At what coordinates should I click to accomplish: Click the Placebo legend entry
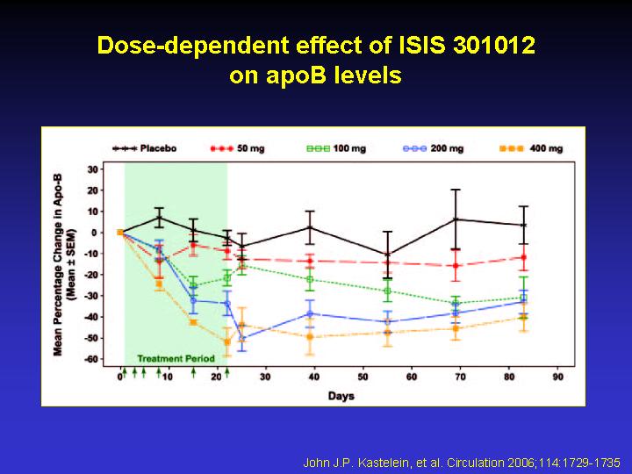tap(144, 148)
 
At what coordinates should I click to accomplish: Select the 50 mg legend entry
tap(237, 148)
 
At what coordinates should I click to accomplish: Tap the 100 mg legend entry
tap(336, 148)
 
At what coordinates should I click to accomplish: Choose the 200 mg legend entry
tap(434, 148)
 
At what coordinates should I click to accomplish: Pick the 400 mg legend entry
tap(531, 148)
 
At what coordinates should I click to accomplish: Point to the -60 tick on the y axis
tap(91, 359)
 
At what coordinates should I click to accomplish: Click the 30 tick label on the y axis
tap(93, 169)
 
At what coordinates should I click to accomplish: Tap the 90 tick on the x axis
tap(558, 377)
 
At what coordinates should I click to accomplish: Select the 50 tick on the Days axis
tap(363, 377)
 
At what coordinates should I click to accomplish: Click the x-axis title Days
tap(341, 396)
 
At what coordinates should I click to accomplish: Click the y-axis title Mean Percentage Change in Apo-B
tap(58, 265)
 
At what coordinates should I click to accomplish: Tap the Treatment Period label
tap(176, 358)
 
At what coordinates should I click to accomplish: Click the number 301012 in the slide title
tap(494, 45)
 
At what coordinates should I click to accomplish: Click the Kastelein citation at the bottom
tap(462, 462)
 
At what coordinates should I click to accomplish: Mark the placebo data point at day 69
tap(456, 219)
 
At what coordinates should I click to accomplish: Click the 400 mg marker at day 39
tap(310, 337)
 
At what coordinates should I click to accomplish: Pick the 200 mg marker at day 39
tap(310, 313)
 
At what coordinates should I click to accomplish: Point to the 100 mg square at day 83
tap(523, 298)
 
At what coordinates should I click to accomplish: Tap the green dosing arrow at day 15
tap(193, 372)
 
